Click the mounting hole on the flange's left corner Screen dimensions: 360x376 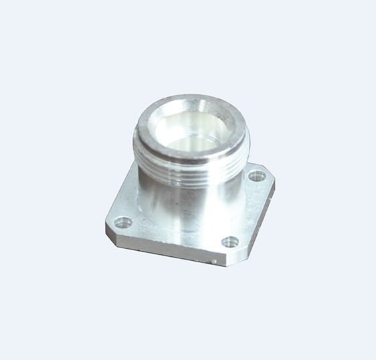pos(122,221)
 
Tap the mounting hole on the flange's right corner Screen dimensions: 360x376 pos(257,177)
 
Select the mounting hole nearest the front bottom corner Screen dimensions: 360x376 pos(229,242)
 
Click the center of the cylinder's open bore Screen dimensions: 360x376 pos(191,130)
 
